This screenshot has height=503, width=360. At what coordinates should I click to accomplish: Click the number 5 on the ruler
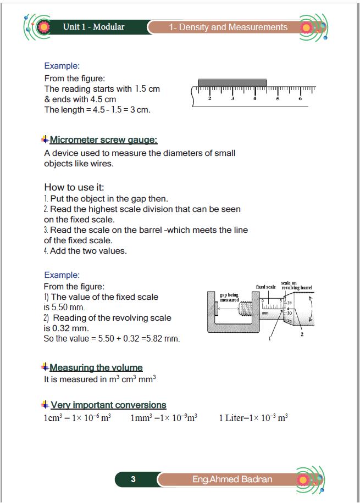(x=278, y=99)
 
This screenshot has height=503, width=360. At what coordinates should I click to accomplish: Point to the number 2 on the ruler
(x=210, y=99)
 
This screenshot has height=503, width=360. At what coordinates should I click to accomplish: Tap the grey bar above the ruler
(x=232, y=82)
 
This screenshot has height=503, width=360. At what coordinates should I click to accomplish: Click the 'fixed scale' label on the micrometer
(x=266, y=287)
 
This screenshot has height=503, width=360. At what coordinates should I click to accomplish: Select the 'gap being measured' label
(x=230, y=297)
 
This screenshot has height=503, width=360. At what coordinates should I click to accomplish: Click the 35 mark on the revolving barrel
(x=290, y=303)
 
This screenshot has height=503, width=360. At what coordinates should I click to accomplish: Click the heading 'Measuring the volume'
(x=96, y=367)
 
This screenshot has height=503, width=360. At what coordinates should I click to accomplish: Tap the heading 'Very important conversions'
(x=108, y=405)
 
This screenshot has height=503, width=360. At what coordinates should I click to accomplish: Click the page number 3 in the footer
(x=133, y=479)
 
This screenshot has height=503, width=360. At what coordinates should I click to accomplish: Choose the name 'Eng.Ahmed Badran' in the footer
(x=231, y=479)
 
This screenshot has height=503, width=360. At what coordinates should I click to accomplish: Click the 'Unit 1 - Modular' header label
(x=93, y=26)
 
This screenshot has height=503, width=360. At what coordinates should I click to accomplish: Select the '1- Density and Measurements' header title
(x=228, y=27)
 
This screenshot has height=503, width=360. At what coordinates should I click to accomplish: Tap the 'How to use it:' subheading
(x=74, y=187)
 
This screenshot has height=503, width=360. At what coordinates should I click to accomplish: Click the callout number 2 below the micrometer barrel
(x=302, y=335)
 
